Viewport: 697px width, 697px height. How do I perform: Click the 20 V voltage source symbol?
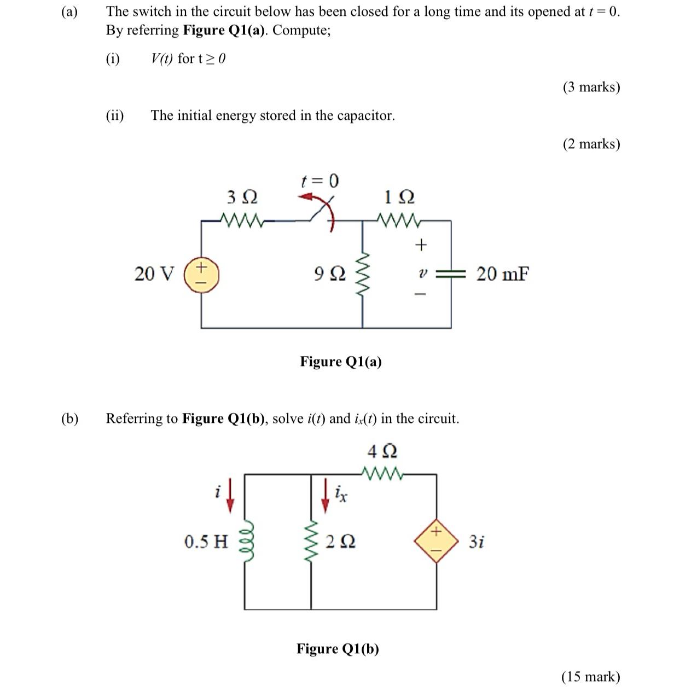(201, 274)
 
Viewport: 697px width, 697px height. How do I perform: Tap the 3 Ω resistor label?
(242, 196)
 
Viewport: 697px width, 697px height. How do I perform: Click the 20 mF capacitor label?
(502, 274)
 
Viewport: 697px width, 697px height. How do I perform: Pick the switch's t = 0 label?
(320, 180)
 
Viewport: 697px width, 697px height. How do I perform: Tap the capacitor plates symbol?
(451, 274)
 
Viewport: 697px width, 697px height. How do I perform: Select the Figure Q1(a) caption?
(340, 362)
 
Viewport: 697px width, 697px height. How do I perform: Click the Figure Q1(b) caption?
(338, 649)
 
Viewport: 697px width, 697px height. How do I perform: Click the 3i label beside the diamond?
(476, 542)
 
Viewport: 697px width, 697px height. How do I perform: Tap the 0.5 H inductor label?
(206, 542)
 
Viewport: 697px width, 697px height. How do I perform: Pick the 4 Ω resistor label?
(382, 451)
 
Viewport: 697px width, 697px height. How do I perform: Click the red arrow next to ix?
(326, 495)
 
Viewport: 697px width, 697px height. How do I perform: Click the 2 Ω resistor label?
(340, 542)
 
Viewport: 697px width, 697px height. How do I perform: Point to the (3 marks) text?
(591, 87)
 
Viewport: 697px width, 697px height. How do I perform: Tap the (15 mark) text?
(590, 677)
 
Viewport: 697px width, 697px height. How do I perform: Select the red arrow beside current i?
(230, 495)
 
